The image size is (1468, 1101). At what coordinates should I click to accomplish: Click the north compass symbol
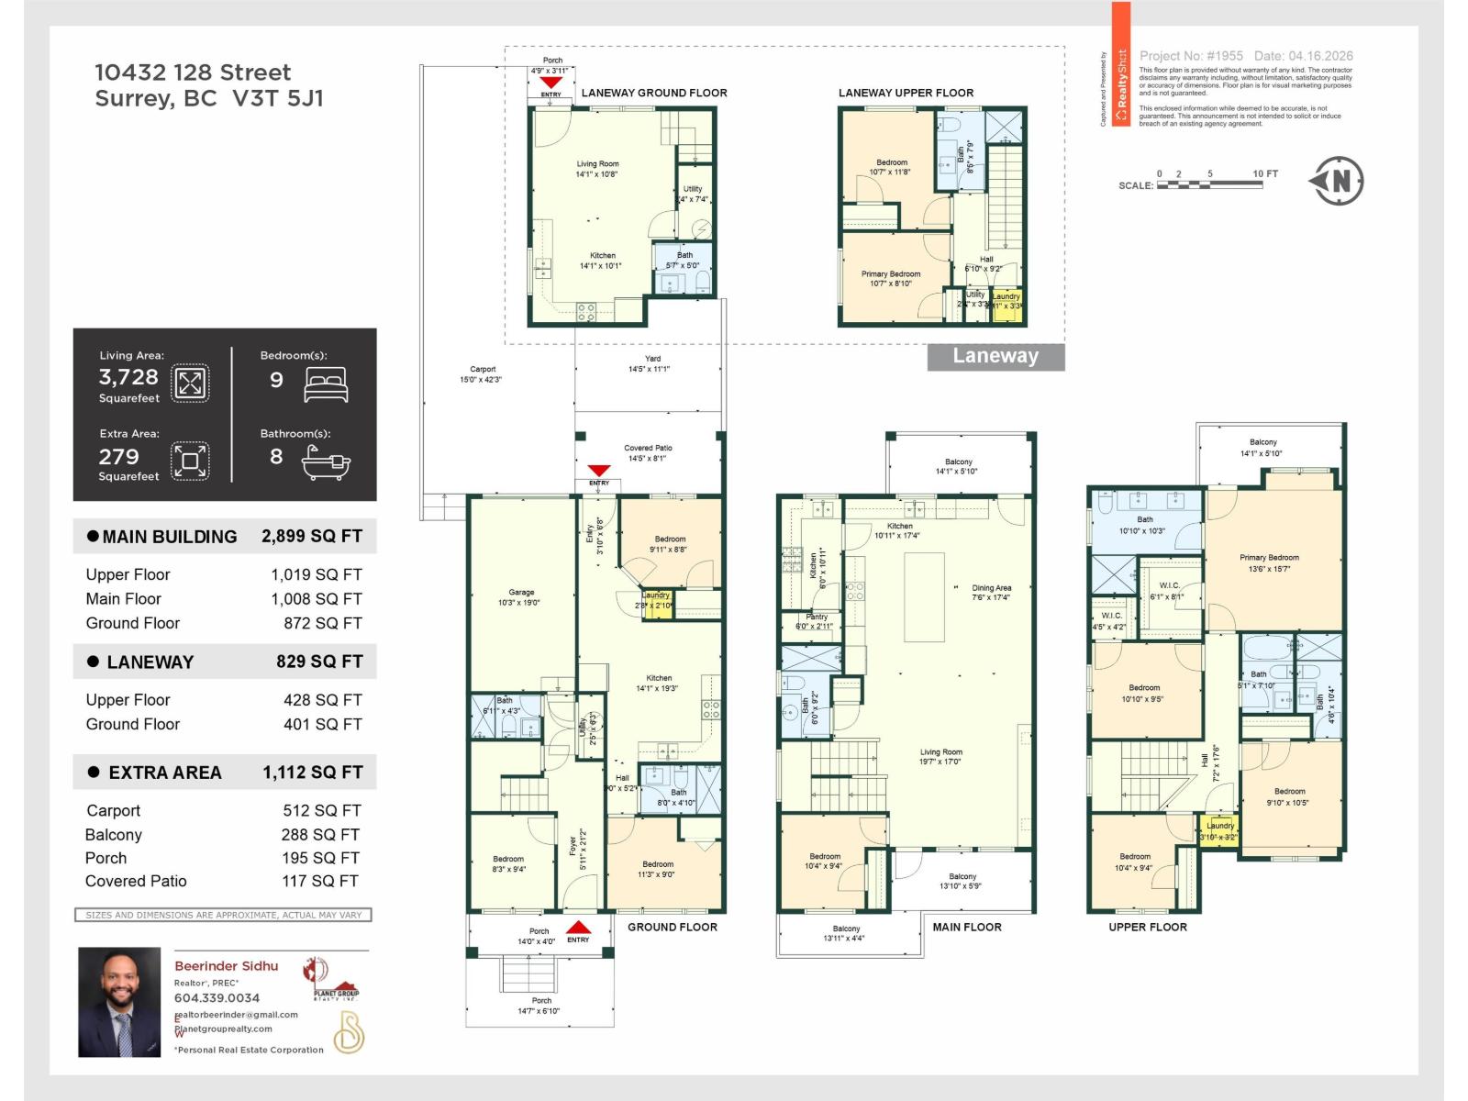1337,181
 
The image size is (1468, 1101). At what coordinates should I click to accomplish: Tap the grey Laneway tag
995,356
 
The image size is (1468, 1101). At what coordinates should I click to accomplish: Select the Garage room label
521,597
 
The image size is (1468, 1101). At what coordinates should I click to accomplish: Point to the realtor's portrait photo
119,1002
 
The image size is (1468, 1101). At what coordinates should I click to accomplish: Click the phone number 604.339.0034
217,997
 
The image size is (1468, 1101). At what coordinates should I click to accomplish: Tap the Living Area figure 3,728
128,377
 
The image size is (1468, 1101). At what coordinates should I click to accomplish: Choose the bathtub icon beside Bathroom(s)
326,463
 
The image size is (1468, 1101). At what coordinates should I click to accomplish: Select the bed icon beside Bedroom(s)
326,384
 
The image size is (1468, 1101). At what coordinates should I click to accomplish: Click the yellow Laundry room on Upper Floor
1219,831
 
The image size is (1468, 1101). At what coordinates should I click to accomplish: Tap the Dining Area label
991,592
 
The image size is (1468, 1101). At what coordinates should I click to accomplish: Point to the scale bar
1209,185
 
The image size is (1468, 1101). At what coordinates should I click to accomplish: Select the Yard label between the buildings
652,363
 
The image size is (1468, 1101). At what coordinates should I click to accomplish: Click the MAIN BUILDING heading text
170,537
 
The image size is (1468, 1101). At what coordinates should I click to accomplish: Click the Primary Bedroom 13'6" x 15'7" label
1269,562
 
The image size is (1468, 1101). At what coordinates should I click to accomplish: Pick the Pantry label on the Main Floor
816,621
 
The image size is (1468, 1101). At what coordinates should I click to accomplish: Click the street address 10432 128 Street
193,72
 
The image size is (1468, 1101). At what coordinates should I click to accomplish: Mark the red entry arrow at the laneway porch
550,83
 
